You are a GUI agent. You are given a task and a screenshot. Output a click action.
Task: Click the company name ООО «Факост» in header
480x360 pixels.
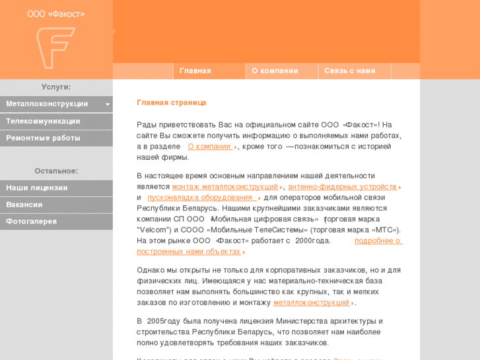coord(55,14)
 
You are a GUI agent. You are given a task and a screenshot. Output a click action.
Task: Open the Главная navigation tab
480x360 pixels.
coord(195,71)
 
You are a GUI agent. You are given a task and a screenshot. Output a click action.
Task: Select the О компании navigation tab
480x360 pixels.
coord(275,71)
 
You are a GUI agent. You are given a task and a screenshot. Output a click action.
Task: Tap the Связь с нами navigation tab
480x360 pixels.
coord(349,71)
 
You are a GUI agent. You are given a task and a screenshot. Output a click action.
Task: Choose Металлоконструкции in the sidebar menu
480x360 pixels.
coord(47,104)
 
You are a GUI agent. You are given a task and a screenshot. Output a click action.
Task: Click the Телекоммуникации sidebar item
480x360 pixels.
coord(43,121)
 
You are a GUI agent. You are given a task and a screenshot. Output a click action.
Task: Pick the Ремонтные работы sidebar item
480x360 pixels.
coord(43,138)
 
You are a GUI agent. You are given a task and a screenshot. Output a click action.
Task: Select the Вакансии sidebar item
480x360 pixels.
coord(24,205)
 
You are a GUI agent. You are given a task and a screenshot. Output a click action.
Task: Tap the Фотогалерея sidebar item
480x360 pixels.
coord(32,221)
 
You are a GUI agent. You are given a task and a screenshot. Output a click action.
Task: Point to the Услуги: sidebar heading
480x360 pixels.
coord(56,87)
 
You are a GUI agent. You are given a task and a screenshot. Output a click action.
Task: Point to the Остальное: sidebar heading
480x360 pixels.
coord(56,170)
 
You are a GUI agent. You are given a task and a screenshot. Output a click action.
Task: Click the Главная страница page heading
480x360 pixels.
coord(172,102)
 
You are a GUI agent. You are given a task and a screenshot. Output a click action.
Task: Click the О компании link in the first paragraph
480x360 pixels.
coord(209,147)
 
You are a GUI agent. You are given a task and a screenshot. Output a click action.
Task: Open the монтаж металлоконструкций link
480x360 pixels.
coord(224,187)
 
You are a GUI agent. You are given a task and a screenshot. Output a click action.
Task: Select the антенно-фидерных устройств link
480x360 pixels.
coord(342,187)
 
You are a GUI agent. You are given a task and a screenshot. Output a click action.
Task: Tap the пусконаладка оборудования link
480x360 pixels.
coord(200,198)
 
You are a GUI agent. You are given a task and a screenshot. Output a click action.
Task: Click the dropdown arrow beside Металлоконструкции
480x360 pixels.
coord(107,104)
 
